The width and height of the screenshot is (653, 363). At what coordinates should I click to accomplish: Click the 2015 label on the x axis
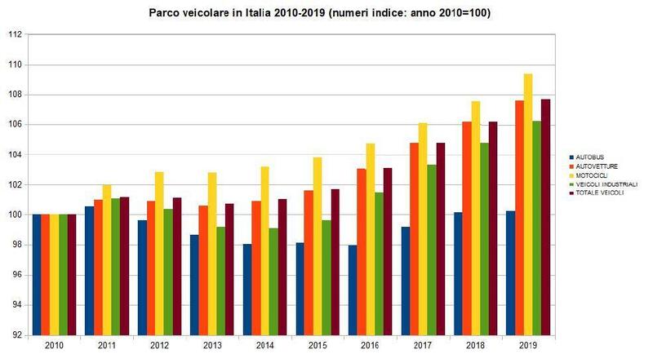(318, 346)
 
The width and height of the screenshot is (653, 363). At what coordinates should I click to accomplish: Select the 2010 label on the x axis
(54, 346)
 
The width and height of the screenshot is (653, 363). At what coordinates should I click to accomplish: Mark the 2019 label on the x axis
(528, 346)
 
